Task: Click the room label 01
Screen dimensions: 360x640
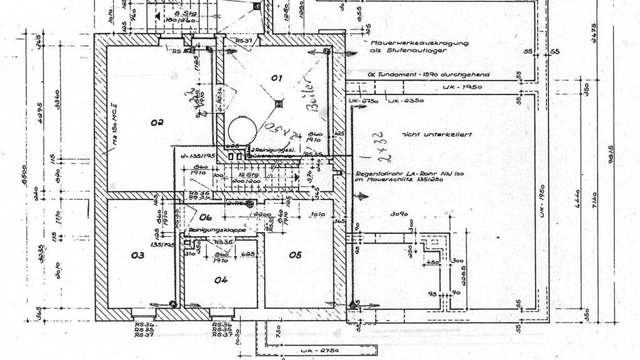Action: click(x=277, y=79)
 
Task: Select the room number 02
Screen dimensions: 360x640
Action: click(x=156, y=122)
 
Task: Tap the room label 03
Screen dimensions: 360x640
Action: click(x=137, y=255)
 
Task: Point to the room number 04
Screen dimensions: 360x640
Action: click(x=221, y=280)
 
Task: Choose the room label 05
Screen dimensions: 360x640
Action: click(x=295, y=254)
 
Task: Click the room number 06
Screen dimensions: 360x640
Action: click(x=197, y=217)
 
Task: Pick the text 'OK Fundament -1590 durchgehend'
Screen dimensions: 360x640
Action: click(x=429, y=74)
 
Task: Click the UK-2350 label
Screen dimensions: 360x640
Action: click(x=407, y=100)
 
